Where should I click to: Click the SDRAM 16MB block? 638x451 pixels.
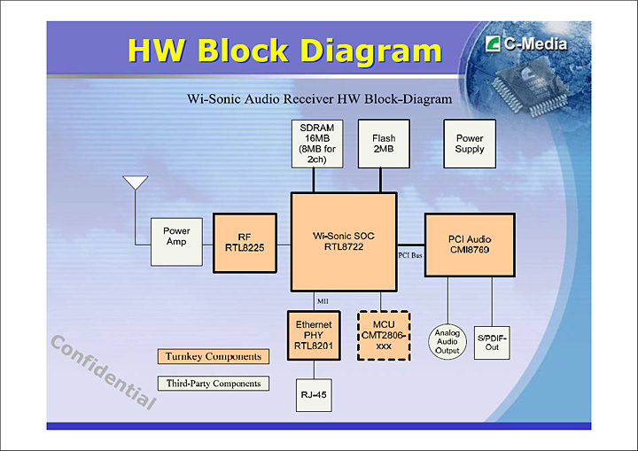[316, 144]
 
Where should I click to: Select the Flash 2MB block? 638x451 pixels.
[384, 144]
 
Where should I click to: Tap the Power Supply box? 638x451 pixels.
[470, 144]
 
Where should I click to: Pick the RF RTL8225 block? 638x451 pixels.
[245, 243]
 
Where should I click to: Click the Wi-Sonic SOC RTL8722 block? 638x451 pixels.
[344, 242]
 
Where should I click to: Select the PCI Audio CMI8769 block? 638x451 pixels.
[470, 245]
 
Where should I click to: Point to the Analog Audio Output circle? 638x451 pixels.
[447, 341]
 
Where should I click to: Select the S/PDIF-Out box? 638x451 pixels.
[492, 341]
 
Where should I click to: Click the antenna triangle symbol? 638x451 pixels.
[135, 183]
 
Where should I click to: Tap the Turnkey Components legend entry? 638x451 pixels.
[213, 356]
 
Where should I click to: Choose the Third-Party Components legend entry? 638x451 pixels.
[213, 384]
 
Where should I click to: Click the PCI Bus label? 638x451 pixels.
[410, 255]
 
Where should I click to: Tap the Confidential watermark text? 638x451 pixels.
[102, 372]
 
